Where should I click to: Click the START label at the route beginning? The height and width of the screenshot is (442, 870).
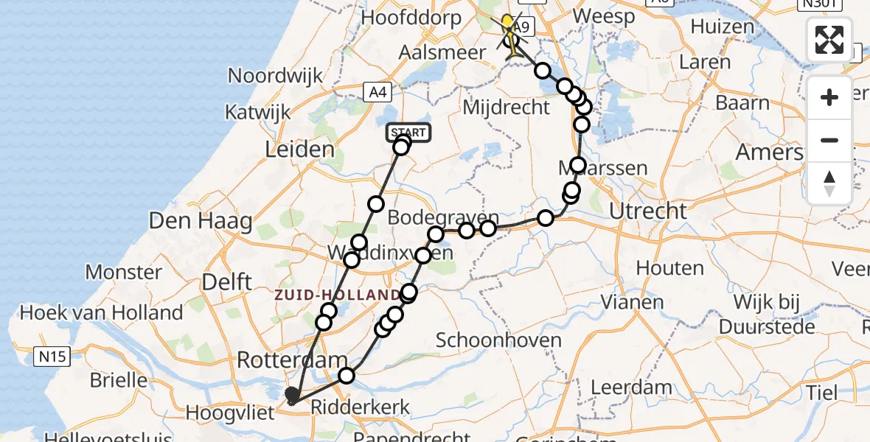point(408,133)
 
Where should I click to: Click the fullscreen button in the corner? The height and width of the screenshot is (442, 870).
point(829,40)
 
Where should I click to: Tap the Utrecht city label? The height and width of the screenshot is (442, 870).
point(649,211)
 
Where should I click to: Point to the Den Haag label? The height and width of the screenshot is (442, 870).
point(201,220)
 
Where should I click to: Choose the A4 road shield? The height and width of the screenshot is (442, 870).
point(377,91)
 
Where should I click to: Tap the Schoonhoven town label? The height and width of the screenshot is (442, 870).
point(498,340)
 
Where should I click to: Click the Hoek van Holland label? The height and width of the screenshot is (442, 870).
point(101,313)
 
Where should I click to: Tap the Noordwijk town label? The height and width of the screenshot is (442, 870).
point(276,76)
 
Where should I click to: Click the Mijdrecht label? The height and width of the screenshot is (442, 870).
point(506,108)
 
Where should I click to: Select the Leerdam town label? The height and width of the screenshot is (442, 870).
point(610,387)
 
